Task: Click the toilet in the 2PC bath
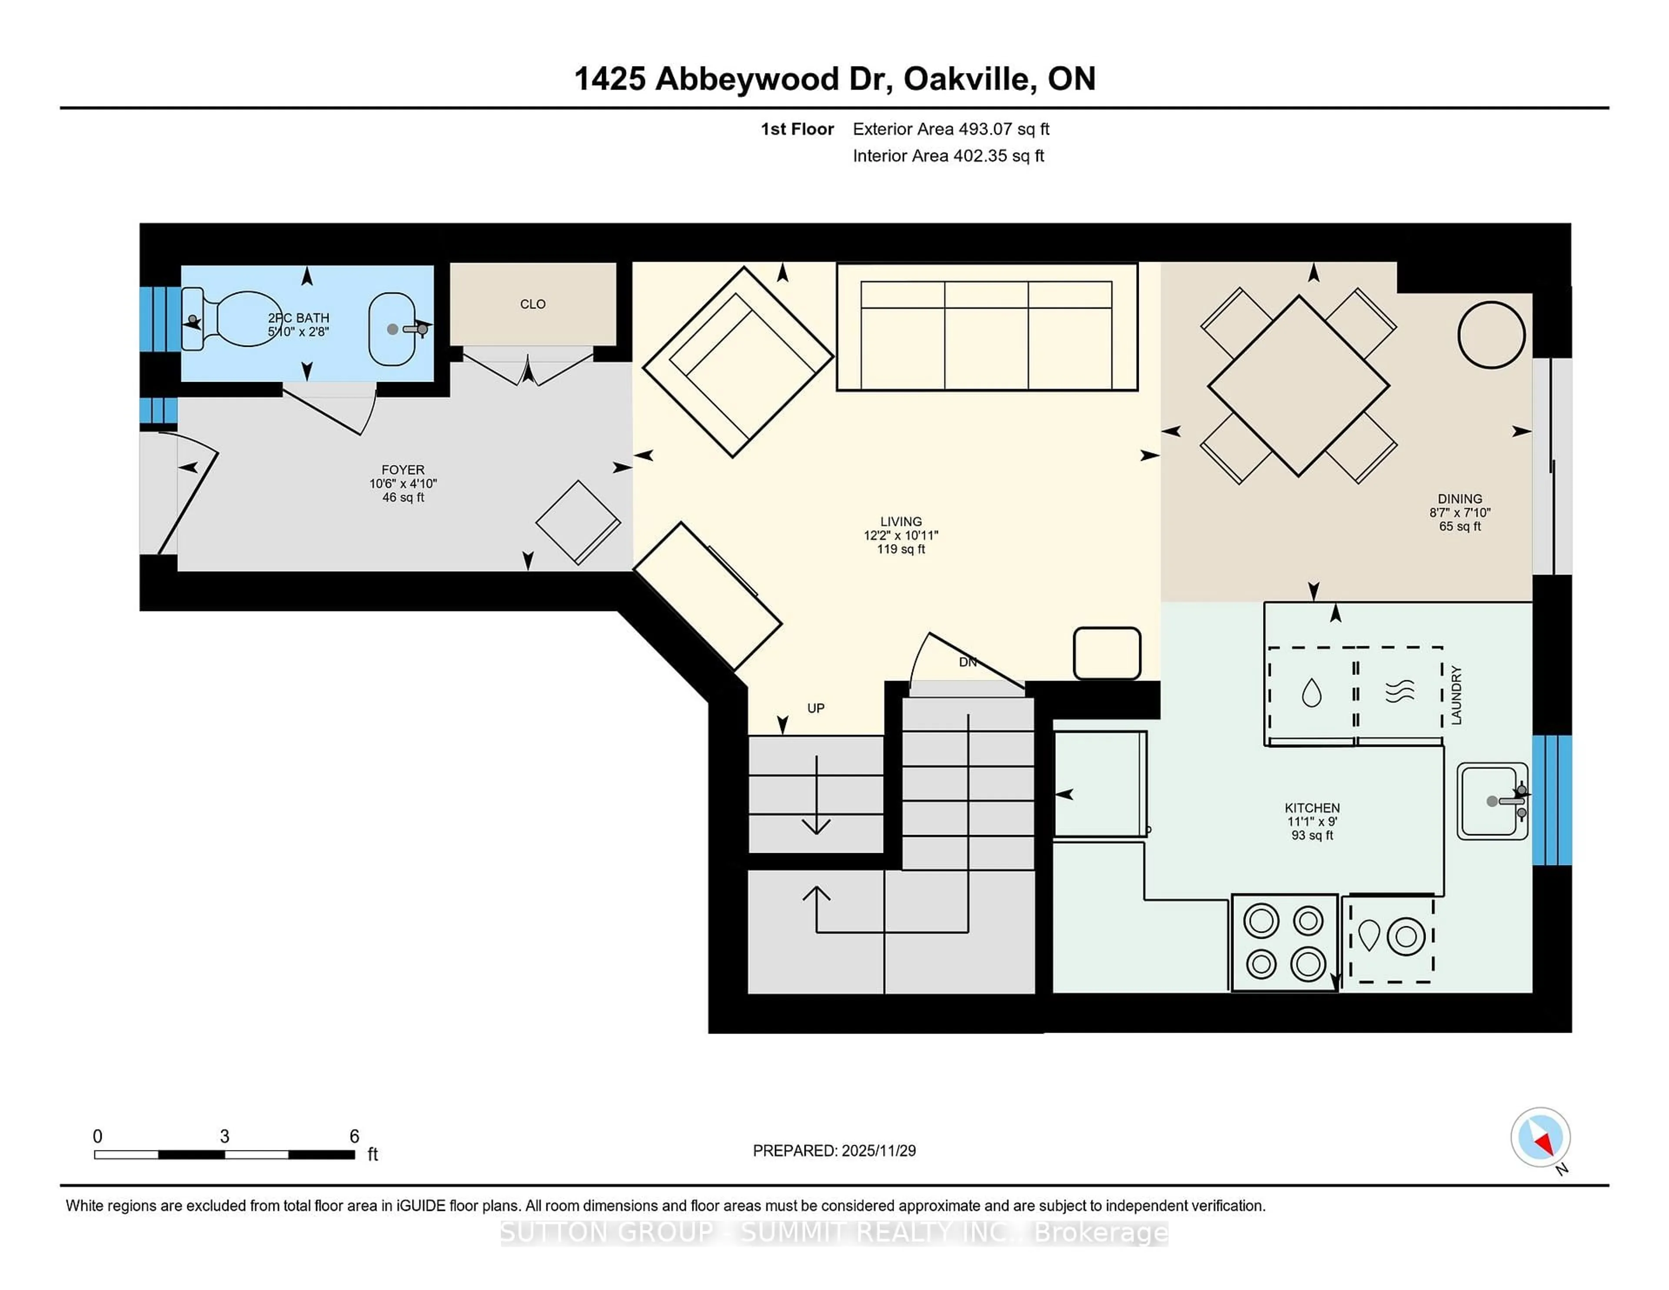(233, 319)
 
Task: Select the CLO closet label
(532, 304)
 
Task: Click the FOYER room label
(403, 470)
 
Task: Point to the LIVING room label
(901, 522)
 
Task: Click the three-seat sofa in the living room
(987, 327)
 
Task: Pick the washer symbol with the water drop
(1311, 693)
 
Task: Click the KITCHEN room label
(1312, 808)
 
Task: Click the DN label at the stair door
(967, 662)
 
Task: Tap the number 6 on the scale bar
(354, 1137)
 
